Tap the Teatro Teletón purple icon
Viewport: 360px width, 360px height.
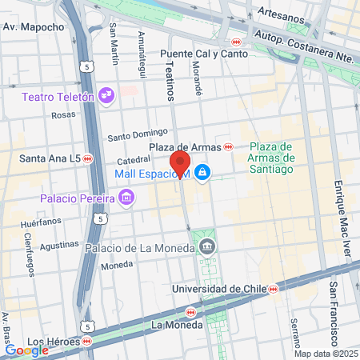point(106,97)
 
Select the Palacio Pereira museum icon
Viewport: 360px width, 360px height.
point(126,197)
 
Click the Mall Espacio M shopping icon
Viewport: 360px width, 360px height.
point(203,172)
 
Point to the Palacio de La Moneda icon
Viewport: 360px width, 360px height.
point(207,246)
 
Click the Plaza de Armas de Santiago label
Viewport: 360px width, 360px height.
point(272,158)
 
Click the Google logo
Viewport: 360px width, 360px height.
point(26,350)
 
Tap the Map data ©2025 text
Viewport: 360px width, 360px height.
point(326,354)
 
